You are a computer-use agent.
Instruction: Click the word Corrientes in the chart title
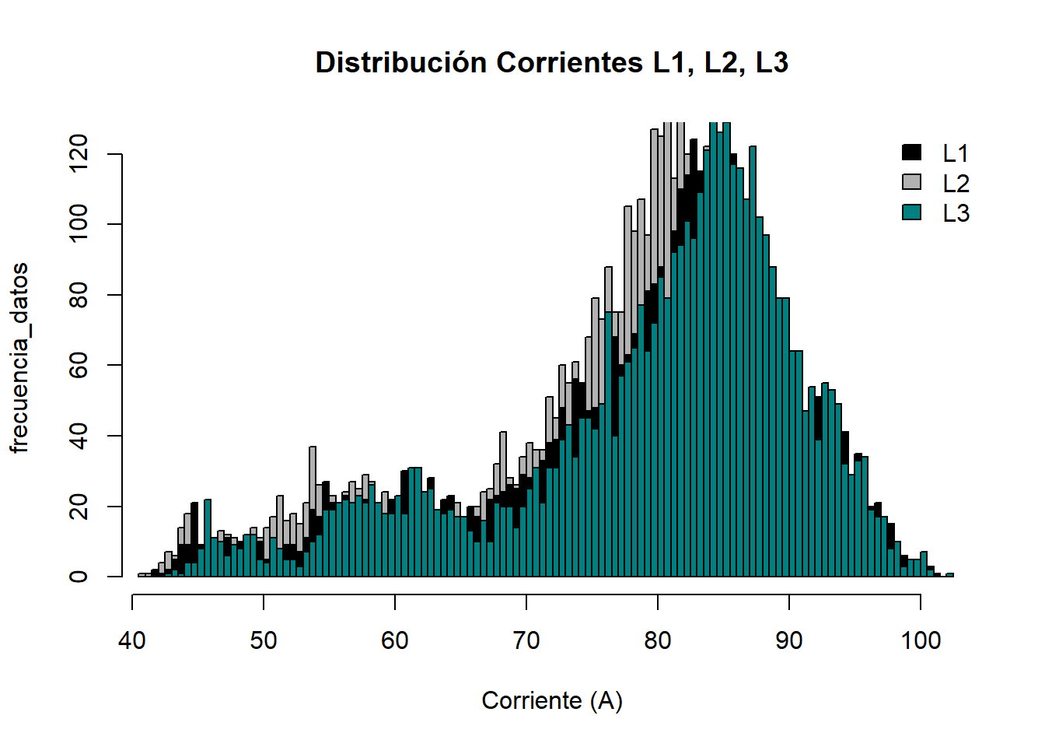[570, 63]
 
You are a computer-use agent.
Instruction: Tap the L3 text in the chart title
[772, 63]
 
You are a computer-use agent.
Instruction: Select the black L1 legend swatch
[912, 153]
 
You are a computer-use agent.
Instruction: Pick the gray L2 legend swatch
[912, 182]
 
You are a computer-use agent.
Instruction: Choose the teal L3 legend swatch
[912, 212]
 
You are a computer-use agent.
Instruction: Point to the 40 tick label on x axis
[132, 640]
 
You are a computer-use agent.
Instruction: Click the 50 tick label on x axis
[264, 640]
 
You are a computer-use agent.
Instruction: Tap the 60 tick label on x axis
[395, 640]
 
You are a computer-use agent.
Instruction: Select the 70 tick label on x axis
[526, 640]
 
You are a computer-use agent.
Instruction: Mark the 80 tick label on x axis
[658, 640]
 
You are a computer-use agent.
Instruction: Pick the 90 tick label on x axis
[789, 640]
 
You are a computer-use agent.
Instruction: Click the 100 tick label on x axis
[921, 640]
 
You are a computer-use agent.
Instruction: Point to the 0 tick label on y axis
[79, 577]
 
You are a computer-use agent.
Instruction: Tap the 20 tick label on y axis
[79, 507]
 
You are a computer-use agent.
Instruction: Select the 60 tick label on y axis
[79, 365]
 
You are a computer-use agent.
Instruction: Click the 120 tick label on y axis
[79, 154]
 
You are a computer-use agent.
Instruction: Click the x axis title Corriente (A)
[552, 701]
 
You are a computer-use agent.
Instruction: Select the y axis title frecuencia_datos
[19, 358]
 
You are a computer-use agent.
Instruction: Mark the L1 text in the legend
[956, 153]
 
